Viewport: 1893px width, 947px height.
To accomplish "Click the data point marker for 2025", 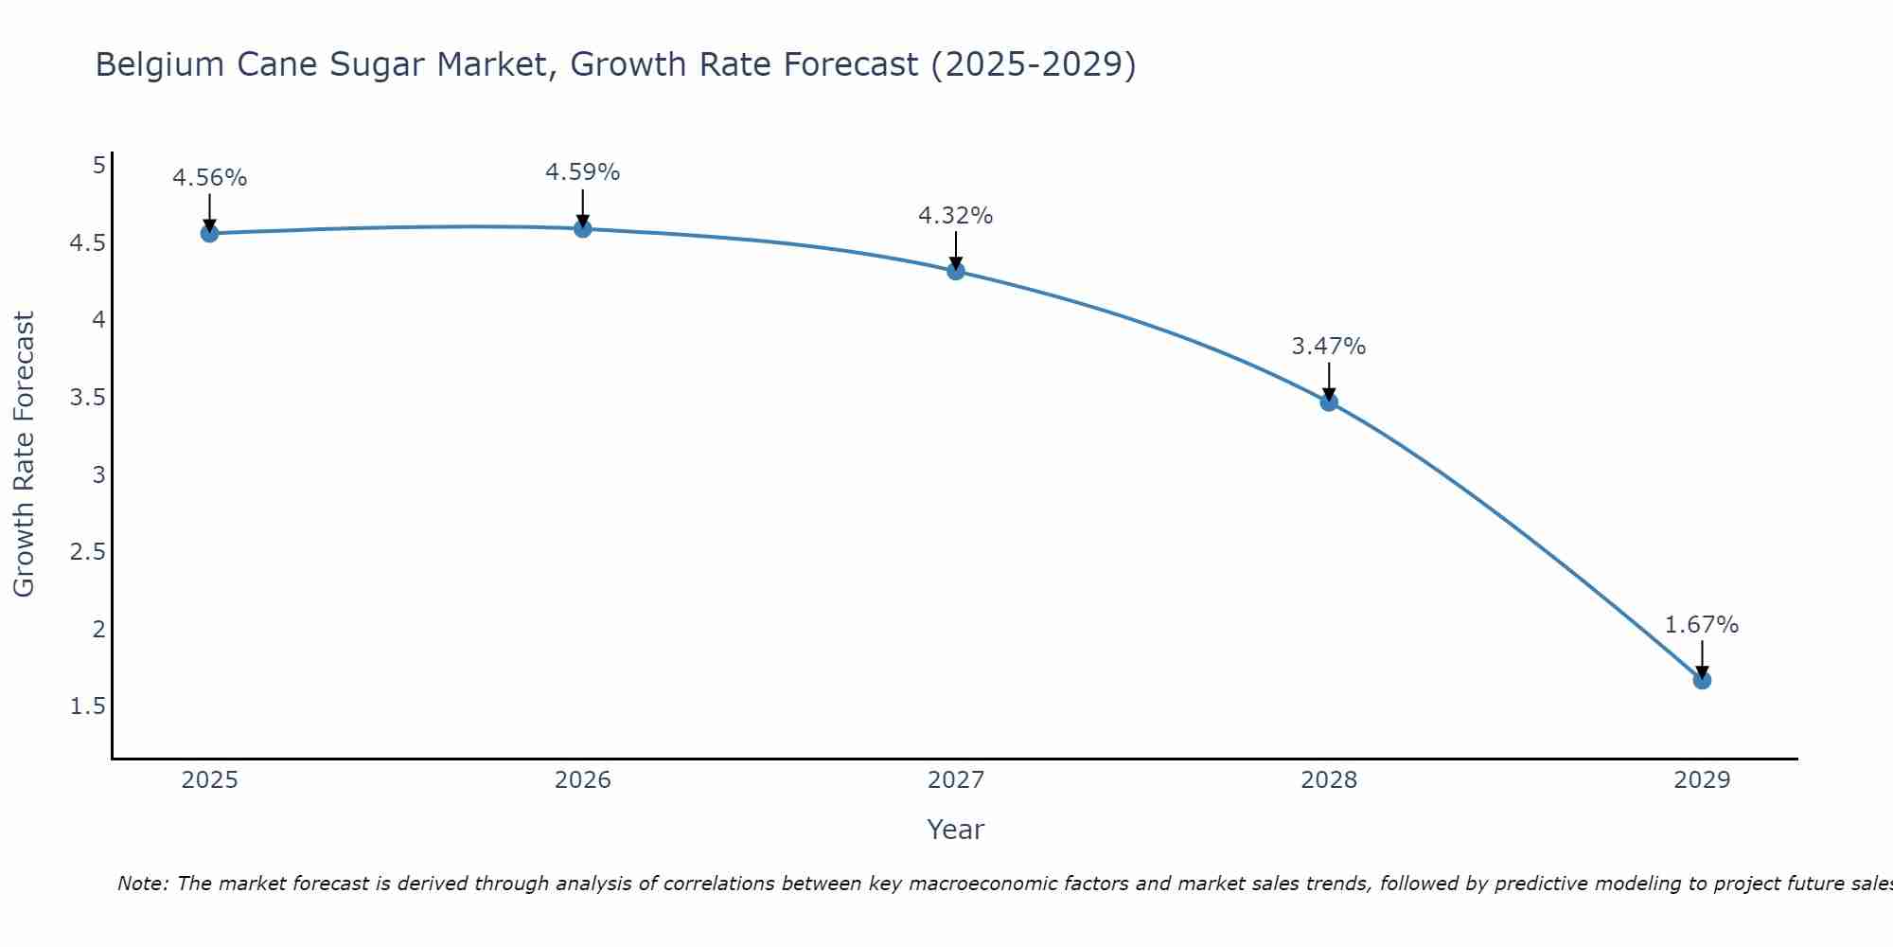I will pos(210,233).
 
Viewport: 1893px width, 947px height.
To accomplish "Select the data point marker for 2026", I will pos(583,228).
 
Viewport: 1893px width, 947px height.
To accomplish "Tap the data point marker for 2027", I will pos(956,271).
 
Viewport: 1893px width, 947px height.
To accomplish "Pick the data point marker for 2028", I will pos(1329,402).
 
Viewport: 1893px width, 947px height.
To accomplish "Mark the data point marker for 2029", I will pos(1702,680).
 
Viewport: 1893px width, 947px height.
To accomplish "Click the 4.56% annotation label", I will pos(210,178).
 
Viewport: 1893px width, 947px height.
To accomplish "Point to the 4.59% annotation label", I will pos(583,172).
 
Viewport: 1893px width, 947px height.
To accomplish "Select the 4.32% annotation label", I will pos(956,216).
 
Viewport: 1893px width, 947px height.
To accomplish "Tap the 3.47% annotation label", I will pos(1329,347).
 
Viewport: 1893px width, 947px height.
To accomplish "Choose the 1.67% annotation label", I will pos(1702,625).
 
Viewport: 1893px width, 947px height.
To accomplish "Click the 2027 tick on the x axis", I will pos(956,780).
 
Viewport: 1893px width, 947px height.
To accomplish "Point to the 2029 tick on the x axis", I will pos(1702,780).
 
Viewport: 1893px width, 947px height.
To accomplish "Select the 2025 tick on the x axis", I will pos(210,780).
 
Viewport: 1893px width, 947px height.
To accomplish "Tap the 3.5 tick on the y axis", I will pos(87,398).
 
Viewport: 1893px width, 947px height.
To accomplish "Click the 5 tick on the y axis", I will pos(98,166).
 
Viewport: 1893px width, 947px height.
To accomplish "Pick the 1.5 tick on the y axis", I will pos(87,706).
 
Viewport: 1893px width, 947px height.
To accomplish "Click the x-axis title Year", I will pos(956,830).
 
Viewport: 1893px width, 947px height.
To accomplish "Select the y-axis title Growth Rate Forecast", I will pos(25,455).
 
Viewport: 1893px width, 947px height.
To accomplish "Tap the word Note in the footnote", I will pos(142,884).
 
